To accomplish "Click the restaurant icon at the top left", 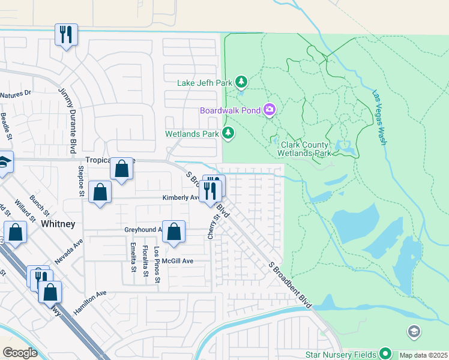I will click(65, 34).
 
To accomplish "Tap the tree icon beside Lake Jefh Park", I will click(241, 81).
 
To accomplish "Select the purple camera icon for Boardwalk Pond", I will click(270, 110).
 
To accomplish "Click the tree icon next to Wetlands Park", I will click(228, 133).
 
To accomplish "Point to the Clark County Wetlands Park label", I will click(306, 149).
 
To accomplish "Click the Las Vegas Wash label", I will click(378, 118).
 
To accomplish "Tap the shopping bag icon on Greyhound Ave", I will click(173, 232).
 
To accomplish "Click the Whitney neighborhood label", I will click(58, 224).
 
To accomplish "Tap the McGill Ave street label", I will click(180, 261).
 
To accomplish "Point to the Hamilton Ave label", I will click(90, 302).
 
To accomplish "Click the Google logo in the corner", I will click(20, 353).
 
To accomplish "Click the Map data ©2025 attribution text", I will click(423, 355).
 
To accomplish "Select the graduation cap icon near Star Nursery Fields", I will click(414, 331).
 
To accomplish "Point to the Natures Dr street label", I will click(16, 95).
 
